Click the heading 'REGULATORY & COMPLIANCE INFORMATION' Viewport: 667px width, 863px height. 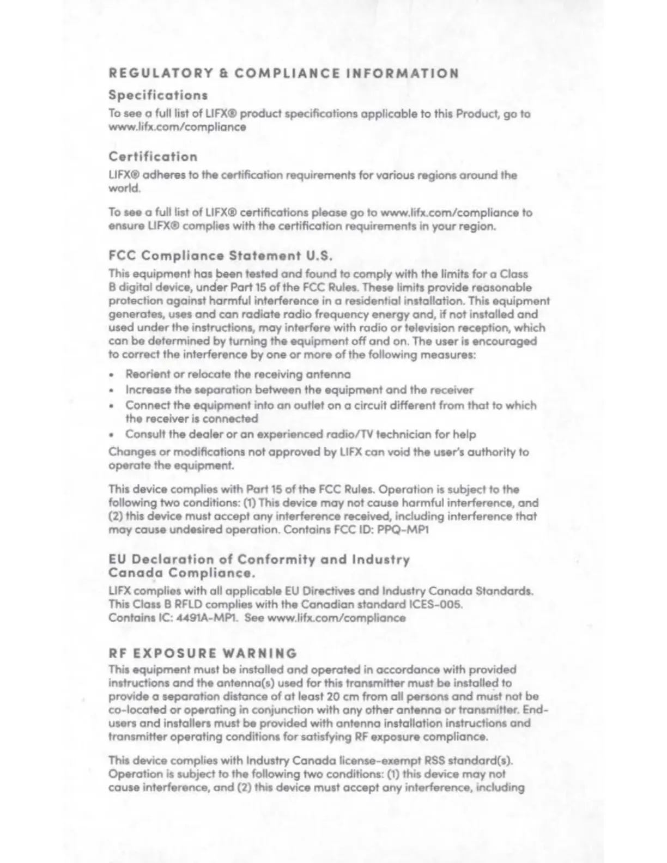(x=283, y=73)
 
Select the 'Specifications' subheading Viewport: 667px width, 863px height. (x=158, y=95)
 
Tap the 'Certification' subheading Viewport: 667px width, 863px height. (x=153, y=156)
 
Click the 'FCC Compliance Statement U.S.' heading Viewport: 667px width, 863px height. (x=220, y=255)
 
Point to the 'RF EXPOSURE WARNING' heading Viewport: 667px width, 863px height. (x=203, y=653)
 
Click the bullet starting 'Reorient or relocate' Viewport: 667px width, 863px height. (x=238, y=374)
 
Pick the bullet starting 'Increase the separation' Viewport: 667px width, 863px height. (x=299, y=390)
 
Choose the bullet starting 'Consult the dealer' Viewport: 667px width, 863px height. (x=300, y=434)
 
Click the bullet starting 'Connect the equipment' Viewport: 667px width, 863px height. (x=330, y=405)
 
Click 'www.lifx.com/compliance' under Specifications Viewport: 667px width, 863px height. (x=177, y=127)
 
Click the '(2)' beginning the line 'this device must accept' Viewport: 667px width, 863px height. (x=117, y=516)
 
